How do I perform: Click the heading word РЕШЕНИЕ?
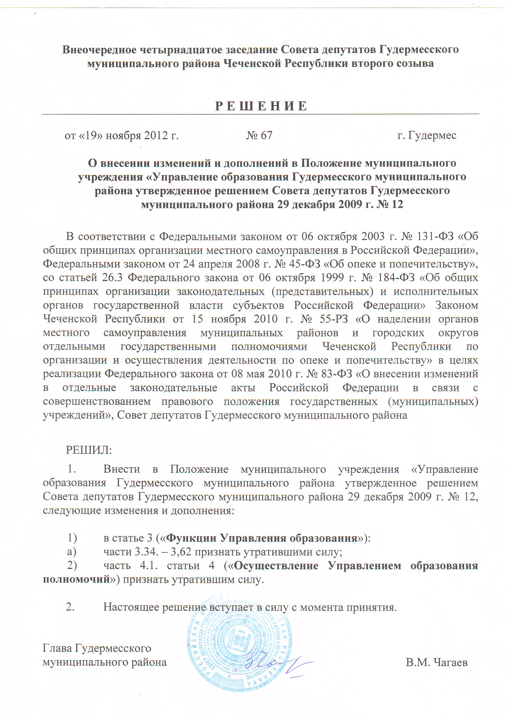pos(261,106)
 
